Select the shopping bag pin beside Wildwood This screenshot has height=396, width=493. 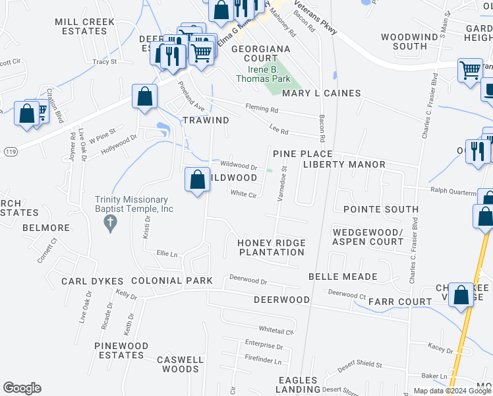click(x=198, y=180)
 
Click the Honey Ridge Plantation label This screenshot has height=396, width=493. click(x=272, y=247)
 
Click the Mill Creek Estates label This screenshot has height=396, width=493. click(x=84, y=26)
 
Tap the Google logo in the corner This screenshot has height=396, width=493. click(x=22, y=388)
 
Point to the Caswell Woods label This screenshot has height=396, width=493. click(x=180, y=365)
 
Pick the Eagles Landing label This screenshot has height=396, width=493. click(x=299, y=385)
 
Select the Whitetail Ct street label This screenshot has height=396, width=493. click(x=275, y=329)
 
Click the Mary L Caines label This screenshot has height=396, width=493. click(x=321, y=94)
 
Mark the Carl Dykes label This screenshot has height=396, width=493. click(x=89, y=281)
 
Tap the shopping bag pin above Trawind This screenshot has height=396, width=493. click(x=144, y=97)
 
